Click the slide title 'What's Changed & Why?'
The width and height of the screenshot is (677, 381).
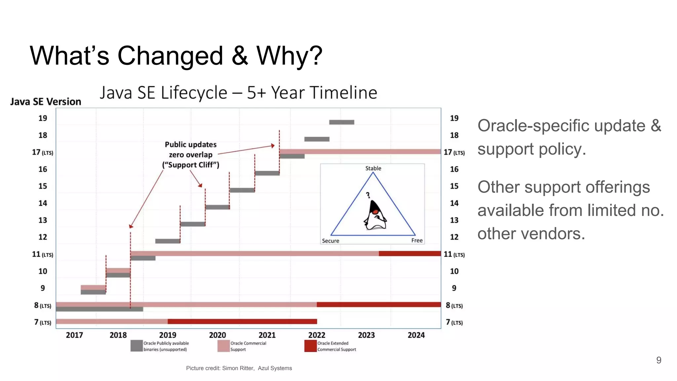176,56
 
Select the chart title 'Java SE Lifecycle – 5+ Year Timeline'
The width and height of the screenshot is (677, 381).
238,93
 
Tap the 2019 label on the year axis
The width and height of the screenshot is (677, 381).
168,335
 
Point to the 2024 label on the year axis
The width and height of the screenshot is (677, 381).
416,335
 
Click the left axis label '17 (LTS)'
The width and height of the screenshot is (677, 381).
42,152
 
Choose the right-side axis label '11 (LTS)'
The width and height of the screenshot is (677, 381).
454,254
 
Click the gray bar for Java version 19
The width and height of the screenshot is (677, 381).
341,122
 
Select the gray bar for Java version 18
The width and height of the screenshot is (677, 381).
317,139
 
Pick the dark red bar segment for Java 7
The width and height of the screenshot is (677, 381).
242,321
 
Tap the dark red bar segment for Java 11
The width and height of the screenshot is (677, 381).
410,254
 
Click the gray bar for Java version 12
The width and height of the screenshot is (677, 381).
168,241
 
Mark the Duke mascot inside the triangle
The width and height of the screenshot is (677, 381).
375,215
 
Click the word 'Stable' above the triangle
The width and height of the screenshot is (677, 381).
373,168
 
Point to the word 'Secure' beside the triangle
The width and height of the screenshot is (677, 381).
330,241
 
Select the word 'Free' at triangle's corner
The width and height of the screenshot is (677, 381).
417,240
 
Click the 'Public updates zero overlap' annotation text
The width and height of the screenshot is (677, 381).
191,155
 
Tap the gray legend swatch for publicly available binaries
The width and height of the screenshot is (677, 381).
137,346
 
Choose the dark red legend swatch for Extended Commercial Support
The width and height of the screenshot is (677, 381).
310,346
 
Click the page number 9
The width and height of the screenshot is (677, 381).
658,360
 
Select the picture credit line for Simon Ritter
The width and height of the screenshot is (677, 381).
239,368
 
